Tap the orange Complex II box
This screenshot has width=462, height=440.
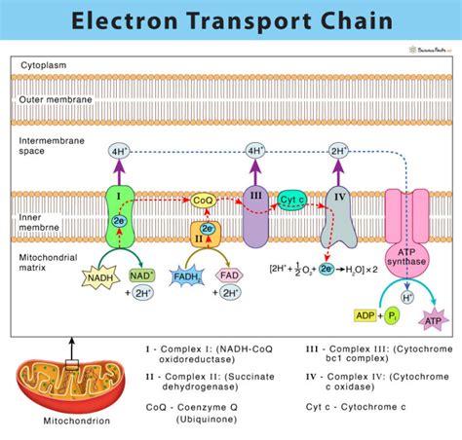tap(204, 234)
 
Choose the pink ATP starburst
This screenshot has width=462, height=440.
tap(431, 318)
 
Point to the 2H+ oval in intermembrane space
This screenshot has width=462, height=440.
tap(339, 151)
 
